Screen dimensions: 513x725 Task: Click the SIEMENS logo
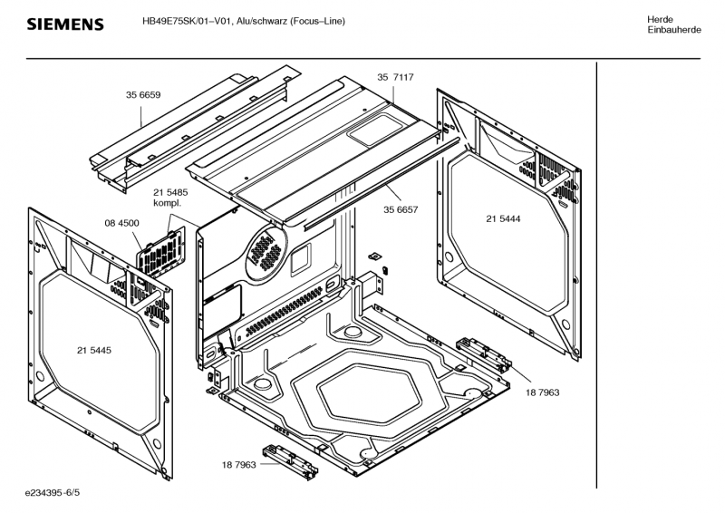click(x=65, y=24)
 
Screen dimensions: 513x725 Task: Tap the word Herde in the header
click(x=660, y=20)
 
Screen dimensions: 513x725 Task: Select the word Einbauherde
click(x=673, y=31)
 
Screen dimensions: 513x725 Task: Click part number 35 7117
click(x=396, y=78)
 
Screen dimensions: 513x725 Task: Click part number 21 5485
click(x=170, y=192)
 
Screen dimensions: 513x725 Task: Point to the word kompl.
click(x=167, y=203)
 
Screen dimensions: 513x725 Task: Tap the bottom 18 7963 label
click(x=239, y=464)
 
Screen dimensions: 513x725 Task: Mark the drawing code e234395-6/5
click(x=53, y=494)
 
